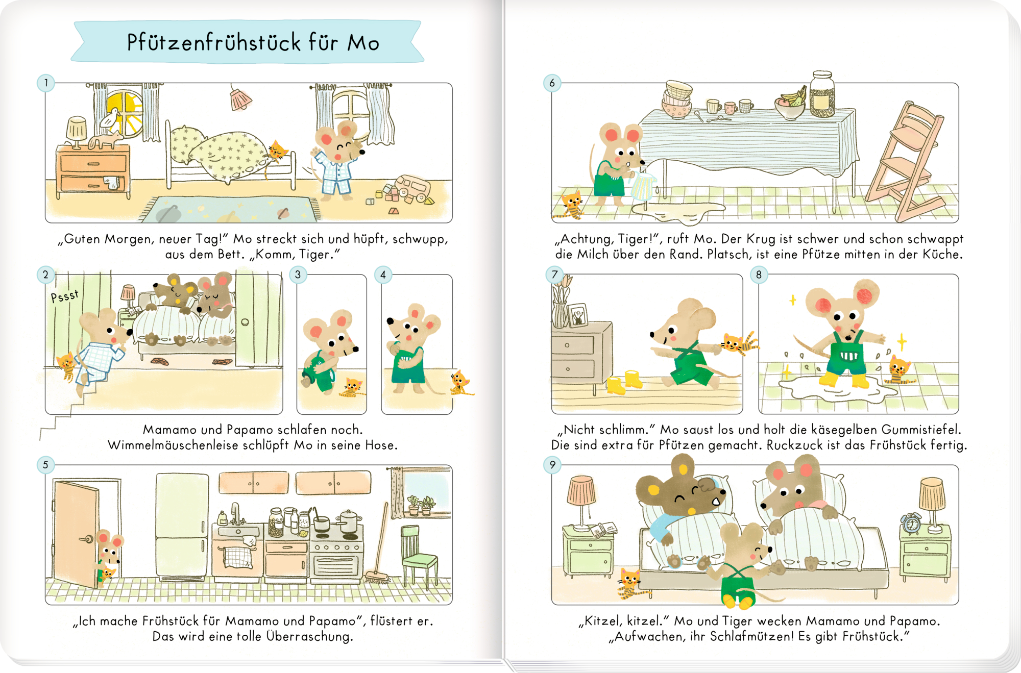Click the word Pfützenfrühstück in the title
[x=214, y=42]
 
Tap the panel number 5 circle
[x=46, y=465]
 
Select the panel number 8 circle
[x=759, y=275]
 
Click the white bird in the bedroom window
[x=110, y=118]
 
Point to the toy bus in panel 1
[x=412, y=188]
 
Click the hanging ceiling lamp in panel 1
[x=240, y=98]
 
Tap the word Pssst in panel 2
[x=65, y=296]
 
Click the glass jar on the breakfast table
[x=822, y=94]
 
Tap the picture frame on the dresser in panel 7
[x=578, y=315]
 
